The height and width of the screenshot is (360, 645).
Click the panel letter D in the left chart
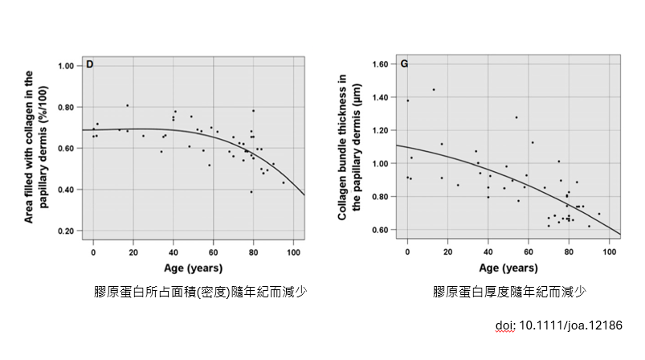pyautogui.click(x=90, y=63)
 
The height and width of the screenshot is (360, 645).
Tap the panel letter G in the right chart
pyautogui.click(x=403, y=63)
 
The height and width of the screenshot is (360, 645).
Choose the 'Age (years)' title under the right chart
pyautogui.click(x=509, y=268)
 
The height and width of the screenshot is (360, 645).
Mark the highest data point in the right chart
pyautogui.click(x=434, y=89)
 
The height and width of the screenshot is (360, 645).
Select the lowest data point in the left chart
pyautogui.click(x=251, y=192)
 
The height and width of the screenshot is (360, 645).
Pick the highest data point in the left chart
pyautogui.click(x=127, y=105)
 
